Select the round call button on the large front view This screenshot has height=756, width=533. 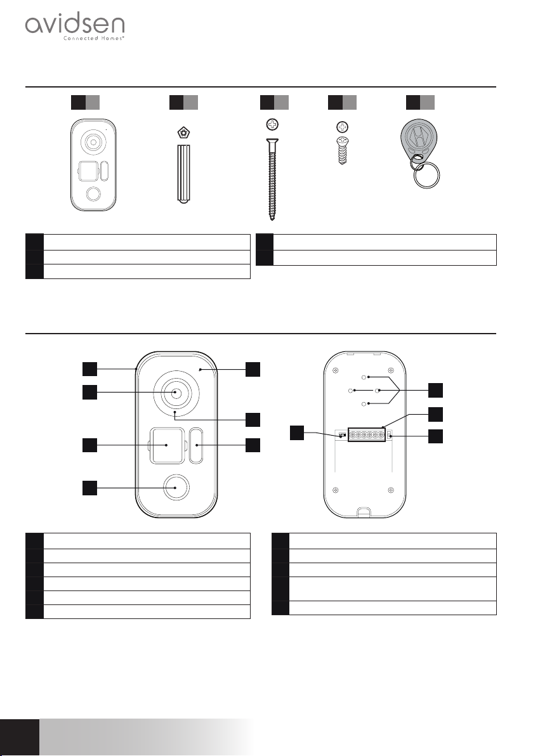pyautogui.click(x=176, y=488)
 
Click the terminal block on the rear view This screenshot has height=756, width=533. pyautogui.click(x=362, y=436)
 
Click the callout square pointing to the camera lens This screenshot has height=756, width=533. pyautogui.click(x=90, y=393)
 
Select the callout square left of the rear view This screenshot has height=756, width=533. pyautogui.click(x=298, y=433)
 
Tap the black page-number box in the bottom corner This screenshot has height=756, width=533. pyautogui.click(x=19, y=737)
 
